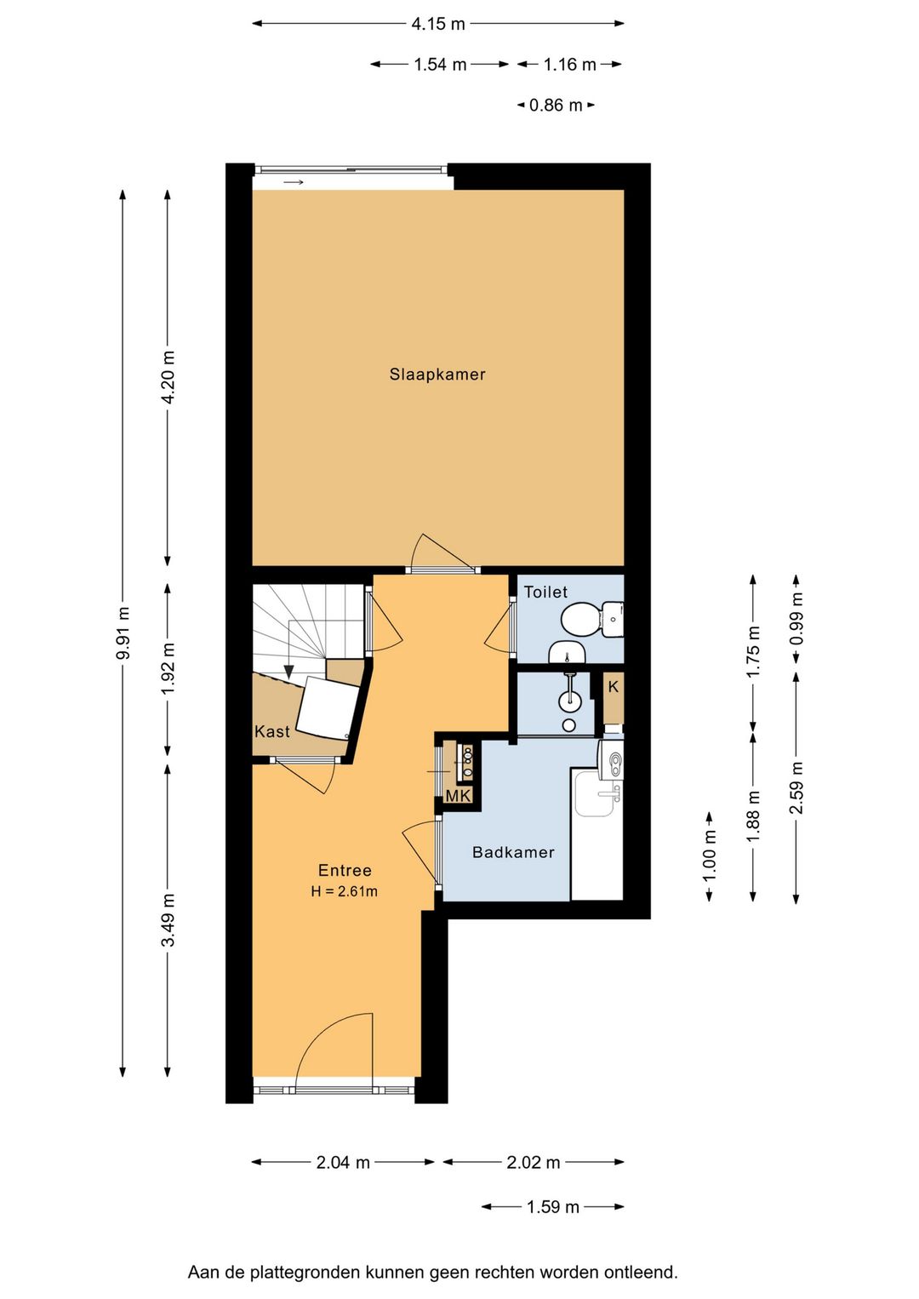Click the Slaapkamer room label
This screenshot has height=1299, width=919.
click(x=437, y=374)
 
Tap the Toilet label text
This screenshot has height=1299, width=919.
click(x=545, y=592)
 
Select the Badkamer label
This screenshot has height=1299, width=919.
click(x=513, y=852)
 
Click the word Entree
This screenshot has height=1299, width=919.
click(x=345, y=870)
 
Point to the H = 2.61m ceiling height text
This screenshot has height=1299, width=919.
click(x=344, y=891)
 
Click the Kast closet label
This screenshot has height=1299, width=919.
click(x=272, y=731)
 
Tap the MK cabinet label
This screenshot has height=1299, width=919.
click(x=458, y=796)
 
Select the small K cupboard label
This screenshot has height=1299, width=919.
click(x=614, y=687)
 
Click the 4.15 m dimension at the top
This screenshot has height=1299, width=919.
click(x=437, y=24)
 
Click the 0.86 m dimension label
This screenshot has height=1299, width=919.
click(x=556, y=105)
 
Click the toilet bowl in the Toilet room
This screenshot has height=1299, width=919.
click(x=576, y=620)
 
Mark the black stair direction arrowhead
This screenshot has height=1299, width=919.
click(x=288, y=671)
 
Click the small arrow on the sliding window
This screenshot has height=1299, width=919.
click(x=294, y=183)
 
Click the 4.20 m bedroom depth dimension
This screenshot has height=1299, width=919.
click(x=168, y=377)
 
